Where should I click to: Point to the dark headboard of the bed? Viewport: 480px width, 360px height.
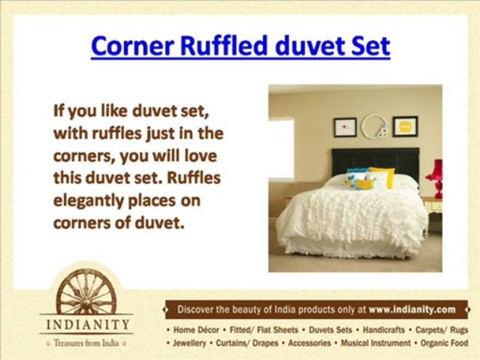(x=375, y=159)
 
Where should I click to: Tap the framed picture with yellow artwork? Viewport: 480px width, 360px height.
(x=405, y=126)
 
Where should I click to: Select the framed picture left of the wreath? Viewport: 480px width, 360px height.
(x=345, y=127)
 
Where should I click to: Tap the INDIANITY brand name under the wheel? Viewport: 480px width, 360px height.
(x=87, y=324)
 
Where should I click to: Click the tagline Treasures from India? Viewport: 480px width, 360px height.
(x=86, y=343)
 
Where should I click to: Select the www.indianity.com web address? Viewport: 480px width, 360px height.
(x=412, y=309)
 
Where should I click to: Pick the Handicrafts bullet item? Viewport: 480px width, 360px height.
(x=383, y=330)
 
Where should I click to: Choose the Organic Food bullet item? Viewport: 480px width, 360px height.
(x=444, y=343)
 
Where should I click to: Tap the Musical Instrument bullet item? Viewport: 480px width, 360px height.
(x=375, y=343)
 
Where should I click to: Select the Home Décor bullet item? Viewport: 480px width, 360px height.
(x=196, y=330)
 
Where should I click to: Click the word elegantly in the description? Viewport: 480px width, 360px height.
(x=87, y=201)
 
